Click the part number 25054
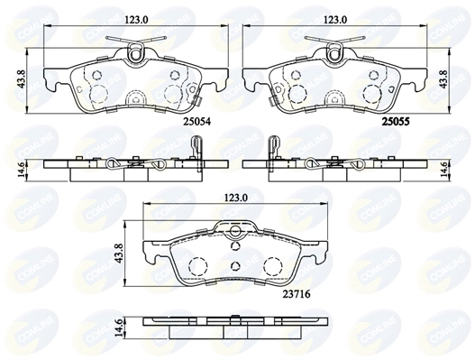(x=200, y=119)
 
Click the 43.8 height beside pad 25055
(x=442, y=78)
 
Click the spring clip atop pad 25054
(x=133, y=50)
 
